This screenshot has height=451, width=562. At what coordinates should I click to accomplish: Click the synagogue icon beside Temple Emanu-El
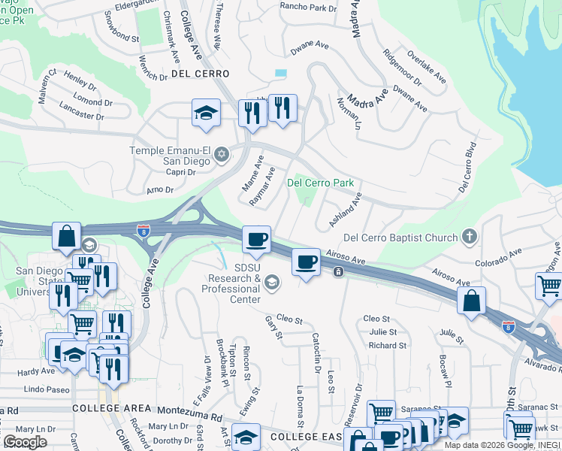coord(221,156)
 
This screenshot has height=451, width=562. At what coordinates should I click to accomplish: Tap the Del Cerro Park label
coord(321,183)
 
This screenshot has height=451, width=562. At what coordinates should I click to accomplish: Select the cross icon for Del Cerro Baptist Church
coord(470,238)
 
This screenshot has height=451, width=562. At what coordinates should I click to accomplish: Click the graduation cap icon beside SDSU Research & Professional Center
coord(272,283)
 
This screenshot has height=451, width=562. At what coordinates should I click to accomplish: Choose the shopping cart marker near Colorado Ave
coord(549,286)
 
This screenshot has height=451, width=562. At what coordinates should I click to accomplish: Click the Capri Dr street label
coord(180,171)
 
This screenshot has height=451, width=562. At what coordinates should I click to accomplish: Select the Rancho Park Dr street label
coord(308,8)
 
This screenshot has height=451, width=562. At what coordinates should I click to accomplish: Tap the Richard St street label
coord(387,346)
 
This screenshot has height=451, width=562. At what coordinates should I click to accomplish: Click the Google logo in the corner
coord(25,442)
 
